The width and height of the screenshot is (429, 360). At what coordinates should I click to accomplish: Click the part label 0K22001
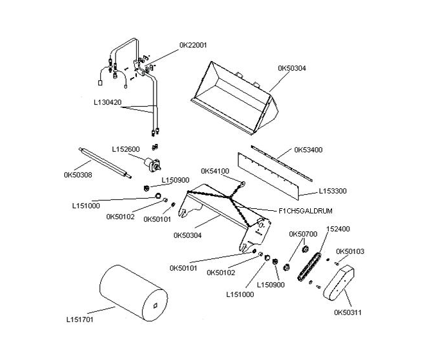pos(193,45)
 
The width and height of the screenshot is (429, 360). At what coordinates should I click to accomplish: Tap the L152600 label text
pos(125,149)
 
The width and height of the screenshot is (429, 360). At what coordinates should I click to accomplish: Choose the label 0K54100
pos(214,171)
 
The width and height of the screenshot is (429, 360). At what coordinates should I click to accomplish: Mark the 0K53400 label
pos(308,150)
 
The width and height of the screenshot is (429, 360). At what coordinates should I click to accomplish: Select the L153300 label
pos(333,191)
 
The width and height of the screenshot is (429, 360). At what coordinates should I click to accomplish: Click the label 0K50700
pos(302,233)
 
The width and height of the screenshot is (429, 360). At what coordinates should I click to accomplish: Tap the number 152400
pos(338,228)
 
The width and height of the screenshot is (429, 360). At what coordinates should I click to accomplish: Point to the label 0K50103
pos(350,251)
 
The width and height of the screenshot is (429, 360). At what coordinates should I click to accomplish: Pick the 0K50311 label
pos(347,313)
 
